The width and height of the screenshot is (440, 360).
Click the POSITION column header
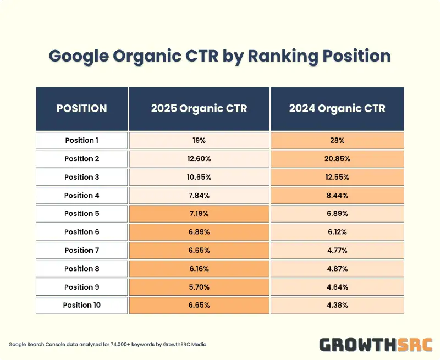[x=82, y=108]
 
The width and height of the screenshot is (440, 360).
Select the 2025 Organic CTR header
[x=199, y=108]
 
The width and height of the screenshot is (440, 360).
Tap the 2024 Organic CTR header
[x=337, y=108]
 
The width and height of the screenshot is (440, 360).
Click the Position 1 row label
[x=82, y=140]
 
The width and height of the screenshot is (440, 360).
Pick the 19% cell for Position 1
[x=199, y=140]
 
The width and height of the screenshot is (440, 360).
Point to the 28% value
[x=337, y=140]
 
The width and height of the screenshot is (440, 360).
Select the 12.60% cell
[x=199, y=159]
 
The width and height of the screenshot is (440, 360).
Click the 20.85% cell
[x=337, y=159]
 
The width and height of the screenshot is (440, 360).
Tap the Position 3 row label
[x=82, y=177]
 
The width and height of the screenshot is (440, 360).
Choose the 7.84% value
[x=199, y=195]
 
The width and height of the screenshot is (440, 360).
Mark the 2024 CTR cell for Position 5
[x=337, y=213]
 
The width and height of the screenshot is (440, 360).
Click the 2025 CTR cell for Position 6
[x=199, y=232]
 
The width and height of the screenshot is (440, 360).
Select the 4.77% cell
[x=337, y=250]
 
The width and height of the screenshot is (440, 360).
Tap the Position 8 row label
[x=82, y=268]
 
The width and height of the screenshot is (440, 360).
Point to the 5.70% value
[x=199, y=287]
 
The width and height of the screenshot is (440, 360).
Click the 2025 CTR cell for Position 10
[x=199, y=305]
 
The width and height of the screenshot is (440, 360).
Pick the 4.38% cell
[x=337, y=305]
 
